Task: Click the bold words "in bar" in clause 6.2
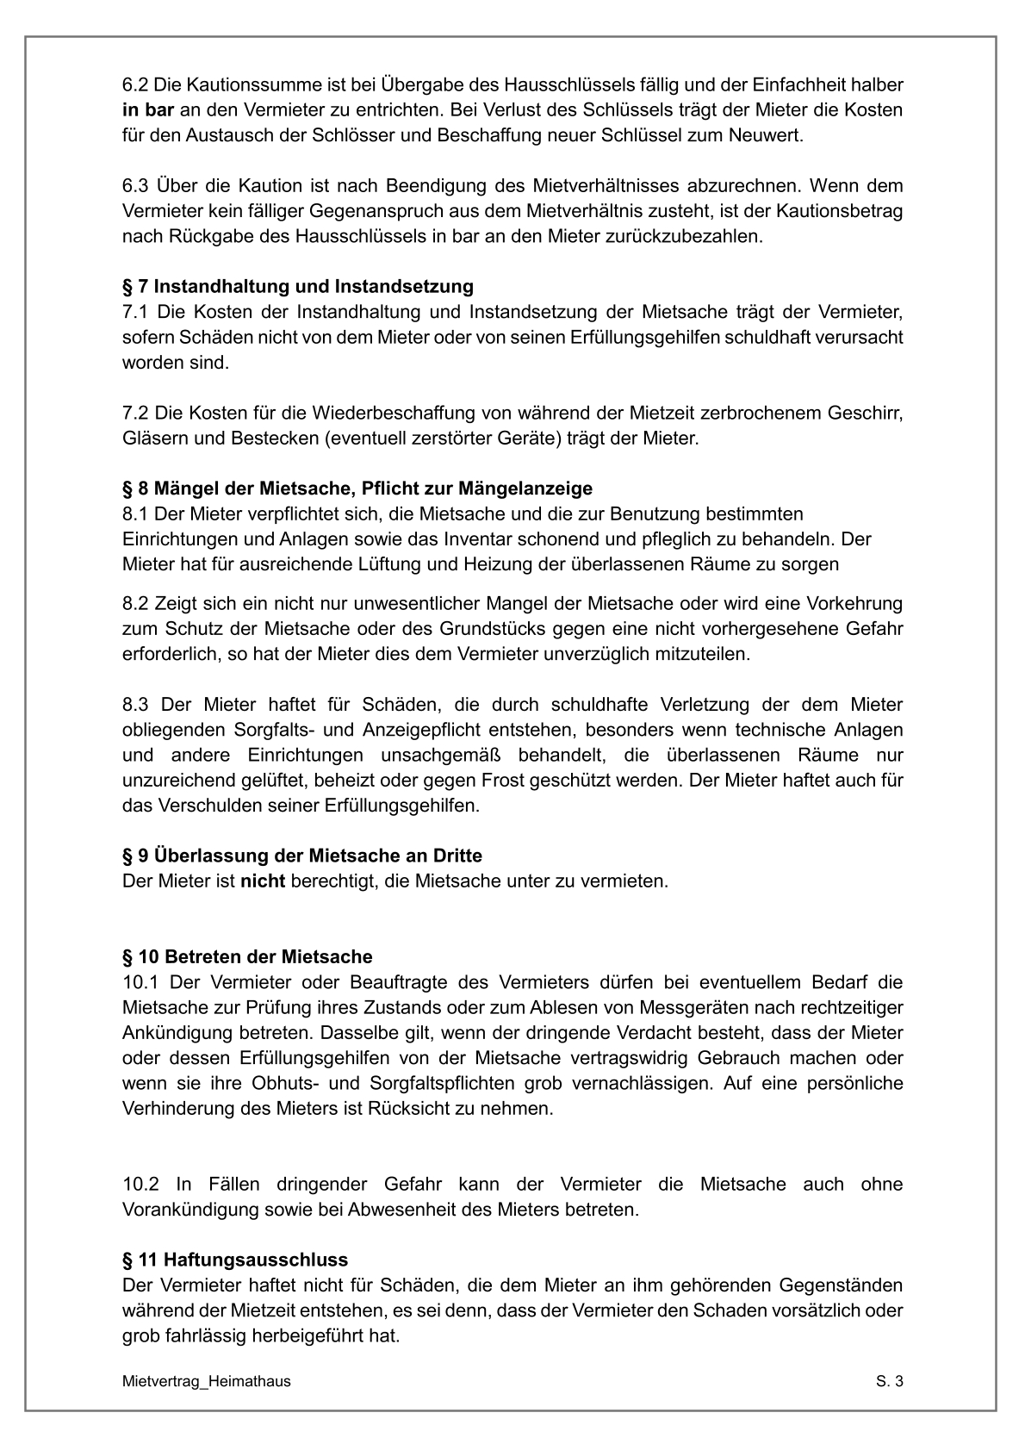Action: [x=148, y=110]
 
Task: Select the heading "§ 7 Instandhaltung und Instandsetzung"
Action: [x=298, y=286]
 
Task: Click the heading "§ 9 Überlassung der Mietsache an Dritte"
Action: [x=302, y=856]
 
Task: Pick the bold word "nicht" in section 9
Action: [x=262, y=881]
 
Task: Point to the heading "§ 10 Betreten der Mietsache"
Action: [x=247, y=956]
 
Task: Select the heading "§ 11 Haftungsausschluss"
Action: [x=235, y=1260]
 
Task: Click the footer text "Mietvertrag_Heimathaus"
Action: [x=207, y=1381]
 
